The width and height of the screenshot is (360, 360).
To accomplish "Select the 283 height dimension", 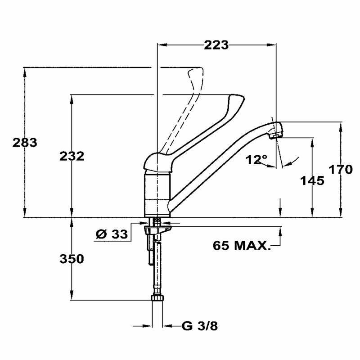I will [24, 143].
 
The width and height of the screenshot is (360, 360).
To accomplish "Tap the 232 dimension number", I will [72, 156].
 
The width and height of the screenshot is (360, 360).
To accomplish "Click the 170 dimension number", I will [340, 170].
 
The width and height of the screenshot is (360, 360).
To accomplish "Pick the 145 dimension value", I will [312, 180].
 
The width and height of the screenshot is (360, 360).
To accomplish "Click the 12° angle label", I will [257, 159].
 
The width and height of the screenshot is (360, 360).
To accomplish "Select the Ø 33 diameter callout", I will [112, 234].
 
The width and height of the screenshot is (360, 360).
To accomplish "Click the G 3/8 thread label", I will [200, 325].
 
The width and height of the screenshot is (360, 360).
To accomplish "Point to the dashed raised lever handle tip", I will [196, 75].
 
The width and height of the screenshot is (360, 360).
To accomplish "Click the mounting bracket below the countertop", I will [158, 230].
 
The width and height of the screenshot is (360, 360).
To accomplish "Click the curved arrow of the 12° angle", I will [290, 161].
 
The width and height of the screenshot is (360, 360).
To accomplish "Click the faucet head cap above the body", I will [157, 163].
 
